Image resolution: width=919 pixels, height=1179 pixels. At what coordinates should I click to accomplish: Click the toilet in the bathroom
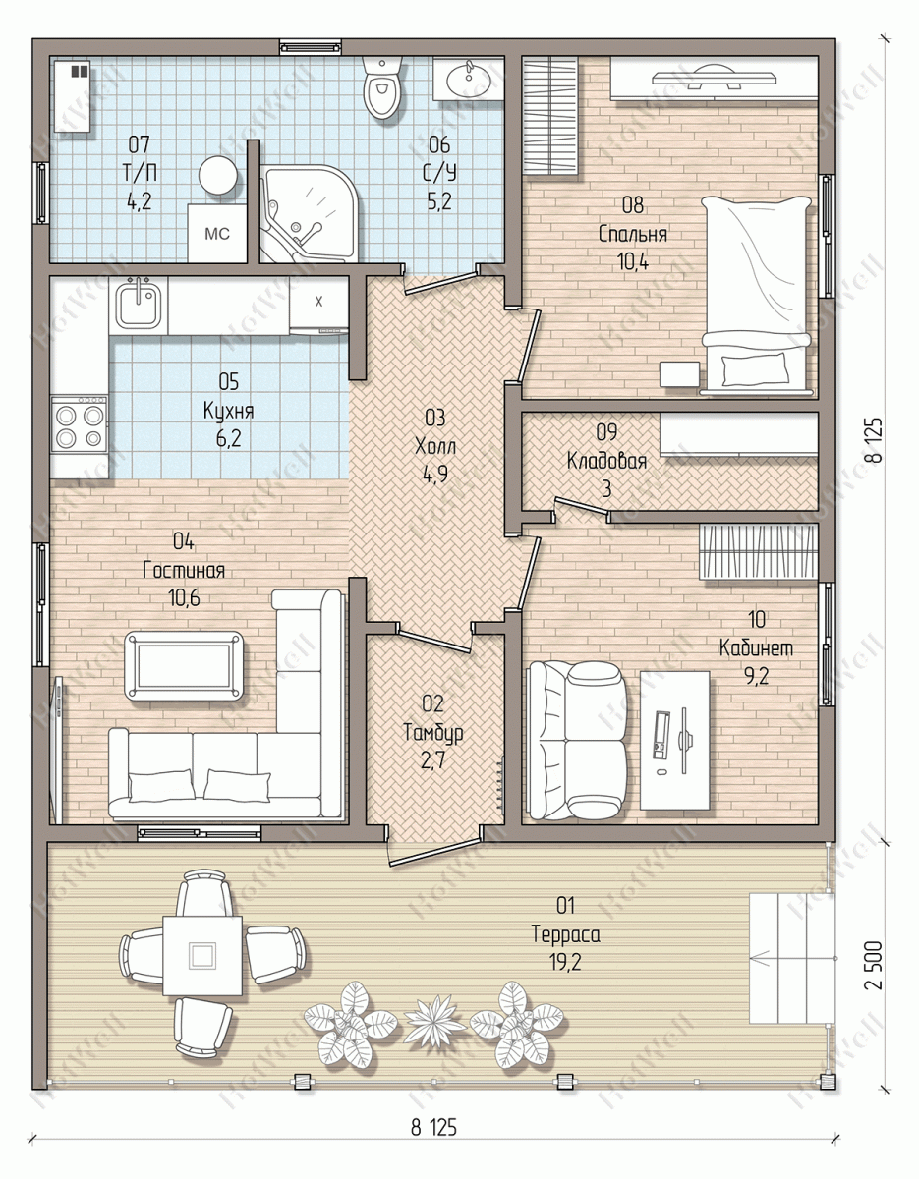(x=382, y=87)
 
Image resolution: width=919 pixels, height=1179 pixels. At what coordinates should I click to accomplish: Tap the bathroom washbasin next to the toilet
(x=468, y=80)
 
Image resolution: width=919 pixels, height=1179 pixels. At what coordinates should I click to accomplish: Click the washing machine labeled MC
(x=217, y=233)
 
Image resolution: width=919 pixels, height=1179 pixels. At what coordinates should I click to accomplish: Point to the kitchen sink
(x=139, y=306)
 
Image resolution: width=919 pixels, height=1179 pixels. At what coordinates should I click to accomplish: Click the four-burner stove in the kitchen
(x=80, y=424)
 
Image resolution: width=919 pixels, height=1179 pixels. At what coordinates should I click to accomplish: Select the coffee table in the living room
(x=184, y=665)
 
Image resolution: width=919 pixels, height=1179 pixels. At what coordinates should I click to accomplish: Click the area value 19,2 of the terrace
(x=564, y=963)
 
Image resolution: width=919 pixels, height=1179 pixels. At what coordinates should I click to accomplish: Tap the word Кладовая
(x=606, y=461)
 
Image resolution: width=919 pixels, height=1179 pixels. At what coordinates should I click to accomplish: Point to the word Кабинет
(x=756, y=647)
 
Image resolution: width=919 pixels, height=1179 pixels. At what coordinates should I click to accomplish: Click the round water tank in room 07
(x=217, y=175)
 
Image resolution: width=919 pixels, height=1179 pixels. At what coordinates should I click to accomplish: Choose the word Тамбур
(x=433, y=733)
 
